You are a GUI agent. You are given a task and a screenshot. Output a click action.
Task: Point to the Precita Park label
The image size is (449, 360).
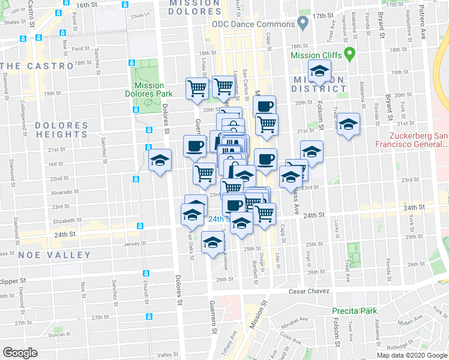click(355, 311)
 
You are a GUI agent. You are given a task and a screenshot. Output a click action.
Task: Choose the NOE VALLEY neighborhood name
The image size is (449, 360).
click(55, 254)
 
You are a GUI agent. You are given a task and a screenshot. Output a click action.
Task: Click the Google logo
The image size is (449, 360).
click(20, 353)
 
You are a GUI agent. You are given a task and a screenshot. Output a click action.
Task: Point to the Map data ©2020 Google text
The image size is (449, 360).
click(412, 355)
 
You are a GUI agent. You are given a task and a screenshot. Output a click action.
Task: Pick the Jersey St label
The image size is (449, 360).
click(134, 244)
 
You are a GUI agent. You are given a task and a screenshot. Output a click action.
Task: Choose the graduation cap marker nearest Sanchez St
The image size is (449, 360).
click(160, 160)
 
